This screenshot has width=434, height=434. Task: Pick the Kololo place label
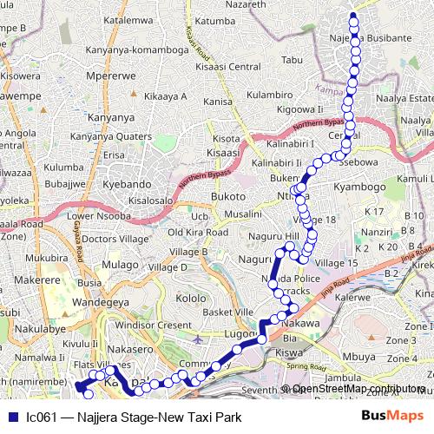point(190,299)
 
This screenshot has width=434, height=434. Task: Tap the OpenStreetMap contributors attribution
point(356,389)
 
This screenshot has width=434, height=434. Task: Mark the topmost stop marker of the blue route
point(352,16)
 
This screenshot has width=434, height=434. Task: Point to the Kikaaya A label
point(165,95)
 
